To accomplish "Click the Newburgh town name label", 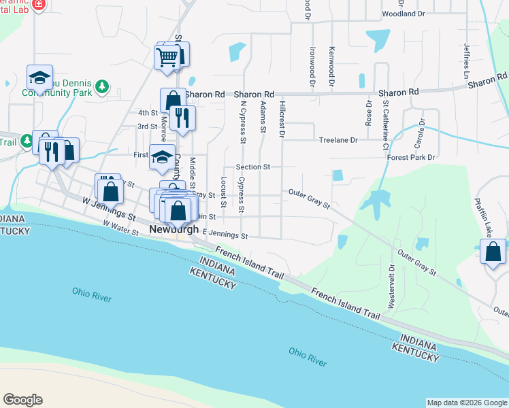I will [174, 230].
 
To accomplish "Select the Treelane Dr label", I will [338, 140].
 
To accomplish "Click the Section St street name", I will [253, 167].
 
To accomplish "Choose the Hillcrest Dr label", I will [282, 118].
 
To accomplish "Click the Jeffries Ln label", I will [467, 61].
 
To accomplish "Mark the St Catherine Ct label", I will [385, 124].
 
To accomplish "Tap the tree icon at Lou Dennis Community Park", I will [101, 86].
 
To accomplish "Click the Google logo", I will [22, 399].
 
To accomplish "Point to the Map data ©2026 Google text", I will [467, 403].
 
